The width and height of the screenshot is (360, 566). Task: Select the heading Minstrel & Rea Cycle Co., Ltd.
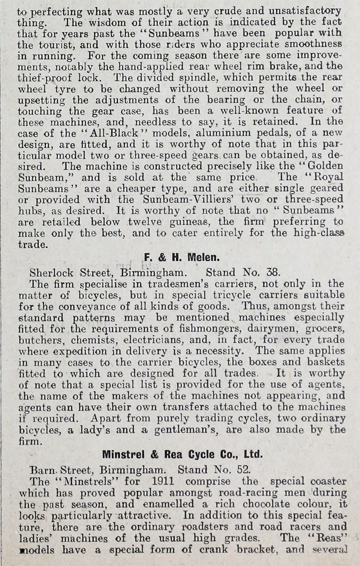[x=182, y=454]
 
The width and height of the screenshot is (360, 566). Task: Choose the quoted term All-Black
[x=101, y=134]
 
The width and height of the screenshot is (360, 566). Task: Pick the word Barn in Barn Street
[x=41, y=470]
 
